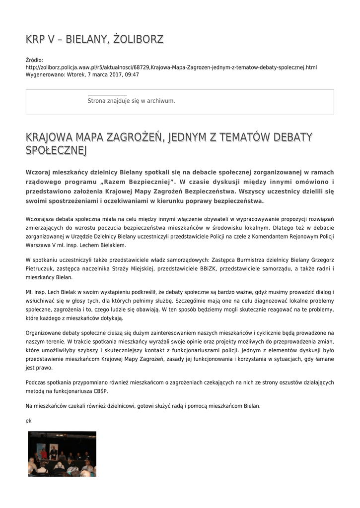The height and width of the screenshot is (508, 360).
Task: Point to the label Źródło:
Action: [x=34, y=61]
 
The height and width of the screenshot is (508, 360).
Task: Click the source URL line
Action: [x=171, y=67]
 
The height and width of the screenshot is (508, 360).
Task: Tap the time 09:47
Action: [x=131, y=75]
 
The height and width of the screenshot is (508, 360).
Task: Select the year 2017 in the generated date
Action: [x=110, y=75]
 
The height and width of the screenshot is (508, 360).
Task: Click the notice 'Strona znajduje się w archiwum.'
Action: [x=131, y=101]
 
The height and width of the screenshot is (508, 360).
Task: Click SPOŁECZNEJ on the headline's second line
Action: [x=56, y=150]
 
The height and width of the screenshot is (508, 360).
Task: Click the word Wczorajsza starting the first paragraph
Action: [x=43, y=219]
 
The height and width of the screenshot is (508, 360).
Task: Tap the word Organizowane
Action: [x=46, y=333]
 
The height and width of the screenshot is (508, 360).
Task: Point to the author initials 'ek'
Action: [x=28, y=421]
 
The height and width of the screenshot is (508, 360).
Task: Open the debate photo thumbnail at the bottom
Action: [x=62, y=453]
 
